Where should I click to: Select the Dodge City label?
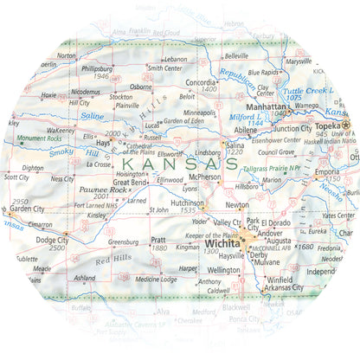[x=52, y=240]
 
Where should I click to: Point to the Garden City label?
[x=27, y=209]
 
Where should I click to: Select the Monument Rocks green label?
[x=38, y=138]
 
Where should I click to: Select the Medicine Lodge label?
[x=157, y=279]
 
